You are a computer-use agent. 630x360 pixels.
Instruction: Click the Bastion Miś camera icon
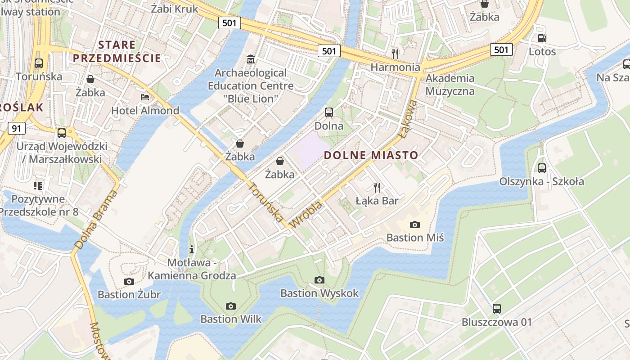coord(414,225)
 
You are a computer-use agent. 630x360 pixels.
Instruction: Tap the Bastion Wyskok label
coord(319,293)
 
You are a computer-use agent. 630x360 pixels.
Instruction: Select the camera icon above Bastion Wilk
coord(231,306)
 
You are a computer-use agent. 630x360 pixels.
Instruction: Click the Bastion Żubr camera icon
coord(129,282)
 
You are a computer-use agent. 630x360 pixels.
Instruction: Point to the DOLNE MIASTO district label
coord(371,156)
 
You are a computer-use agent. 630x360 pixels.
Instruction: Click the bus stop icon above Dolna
coord(329,112)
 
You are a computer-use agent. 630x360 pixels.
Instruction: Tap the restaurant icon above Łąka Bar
coord(377,187)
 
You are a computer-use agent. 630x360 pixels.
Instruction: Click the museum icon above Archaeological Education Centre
coord(251,59)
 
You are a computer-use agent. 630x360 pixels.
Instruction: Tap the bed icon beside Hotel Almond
coord(145,97)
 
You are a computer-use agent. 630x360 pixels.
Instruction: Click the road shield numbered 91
coord(17,129)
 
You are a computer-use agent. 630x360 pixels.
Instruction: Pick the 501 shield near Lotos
coord(501,49)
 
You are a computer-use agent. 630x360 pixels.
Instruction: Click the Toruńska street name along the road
coord(266,202)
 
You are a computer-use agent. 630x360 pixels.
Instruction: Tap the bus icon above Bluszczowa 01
coord(497,309)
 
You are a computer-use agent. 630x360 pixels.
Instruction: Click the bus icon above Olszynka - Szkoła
coord(542,168)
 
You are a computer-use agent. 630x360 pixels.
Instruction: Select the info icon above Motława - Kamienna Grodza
coord(192,249)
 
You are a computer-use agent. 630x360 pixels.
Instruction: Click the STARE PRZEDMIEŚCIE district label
coord(117,51)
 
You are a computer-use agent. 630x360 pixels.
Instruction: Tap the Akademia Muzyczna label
coord(450,85)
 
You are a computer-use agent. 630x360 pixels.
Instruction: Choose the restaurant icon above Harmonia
coord(395,54)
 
